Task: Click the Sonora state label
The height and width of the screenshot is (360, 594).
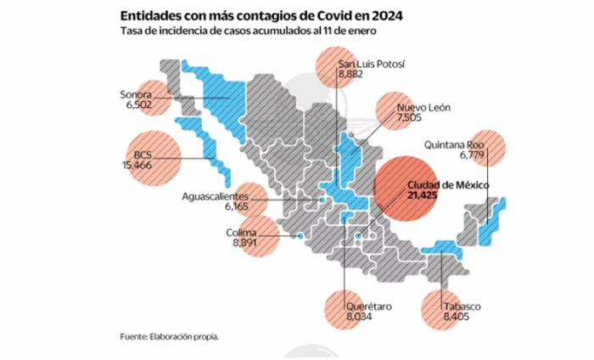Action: click(136, 94)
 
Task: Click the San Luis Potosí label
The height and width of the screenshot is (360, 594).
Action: click(371, 65)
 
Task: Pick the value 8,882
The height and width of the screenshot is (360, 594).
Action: click(351, 76)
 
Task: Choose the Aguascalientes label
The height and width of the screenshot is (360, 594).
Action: click(216, 196)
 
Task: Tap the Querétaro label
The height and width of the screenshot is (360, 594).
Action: click(367, 304)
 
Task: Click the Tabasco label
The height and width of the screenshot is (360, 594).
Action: click(462, 306)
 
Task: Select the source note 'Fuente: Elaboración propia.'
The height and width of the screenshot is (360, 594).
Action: click(169, 336)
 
